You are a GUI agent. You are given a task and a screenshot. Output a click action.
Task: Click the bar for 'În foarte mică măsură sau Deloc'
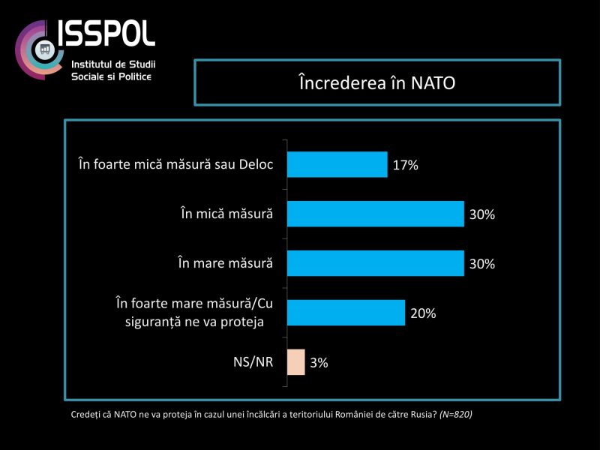click(337, 164)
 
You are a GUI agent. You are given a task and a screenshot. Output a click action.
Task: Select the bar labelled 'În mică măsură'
click(375, 214)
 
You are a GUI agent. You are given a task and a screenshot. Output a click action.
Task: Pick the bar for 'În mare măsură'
click(375, 263)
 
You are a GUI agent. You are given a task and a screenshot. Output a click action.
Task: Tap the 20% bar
click(346, 313)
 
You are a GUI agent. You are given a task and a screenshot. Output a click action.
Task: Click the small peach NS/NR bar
click(295, 362)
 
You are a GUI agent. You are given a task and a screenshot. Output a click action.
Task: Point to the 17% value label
click(405, 165)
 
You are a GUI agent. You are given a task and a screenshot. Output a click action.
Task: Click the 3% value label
click(319, 363)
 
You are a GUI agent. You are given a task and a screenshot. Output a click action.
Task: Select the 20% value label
click(424, 313)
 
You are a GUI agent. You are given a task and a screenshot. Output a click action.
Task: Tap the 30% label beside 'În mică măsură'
click(483, 214)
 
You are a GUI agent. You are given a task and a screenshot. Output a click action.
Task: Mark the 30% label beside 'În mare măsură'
click(483, 264)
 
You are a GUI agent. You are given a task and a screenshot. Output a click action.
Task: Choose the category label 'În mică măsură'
click(226, 214)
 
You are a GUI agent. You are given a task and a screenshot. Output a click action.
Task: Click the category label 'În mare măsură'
click(225, 263)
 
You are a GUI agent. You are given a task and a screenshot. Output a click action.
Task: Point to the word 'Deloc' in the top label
click(255, 164)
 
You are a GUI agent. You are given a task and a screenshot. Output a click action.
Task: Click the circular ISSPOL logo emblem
click(41, 49)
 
